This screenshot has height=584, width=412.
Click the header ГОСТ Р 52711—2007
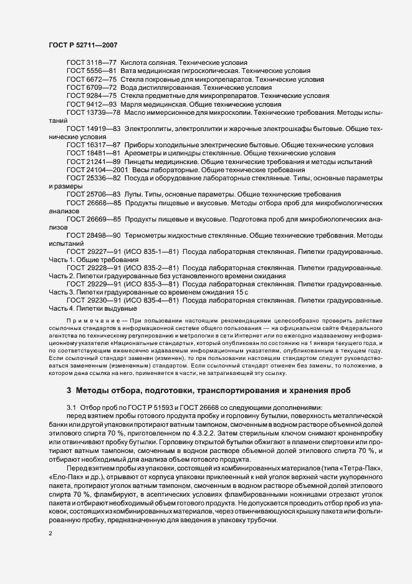pos(83,46)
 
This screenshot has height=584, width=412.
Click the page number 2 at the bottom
pos(50,535)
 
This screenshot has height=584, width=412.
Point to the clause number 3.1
pos(71,407)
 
